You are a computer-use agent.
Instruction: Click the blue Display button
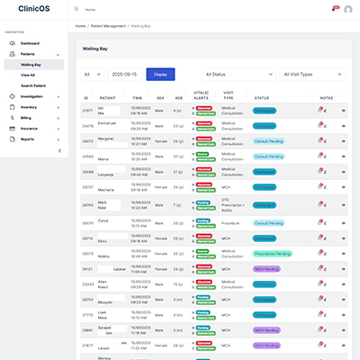(x=160, y=74)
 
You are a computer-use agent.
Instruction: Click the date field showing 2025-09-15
(x=123, y=74)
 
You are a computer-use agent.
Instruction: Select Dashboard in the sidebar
(x=30, y=43)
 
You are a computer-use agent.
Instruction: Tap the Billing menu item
(x=27, y=117)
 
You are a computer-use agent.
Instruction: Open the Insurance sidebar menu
(x=30, y=128)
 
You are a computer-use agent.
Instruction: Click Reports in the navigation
(x=28, y=139)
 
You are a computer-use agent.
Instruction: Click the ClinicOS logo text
(x=32, y=9)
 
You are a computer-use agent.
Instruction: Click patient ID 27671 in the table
(x=87, y=111)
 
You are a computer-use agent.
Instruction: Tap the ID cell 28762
(x=87, y=205)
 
